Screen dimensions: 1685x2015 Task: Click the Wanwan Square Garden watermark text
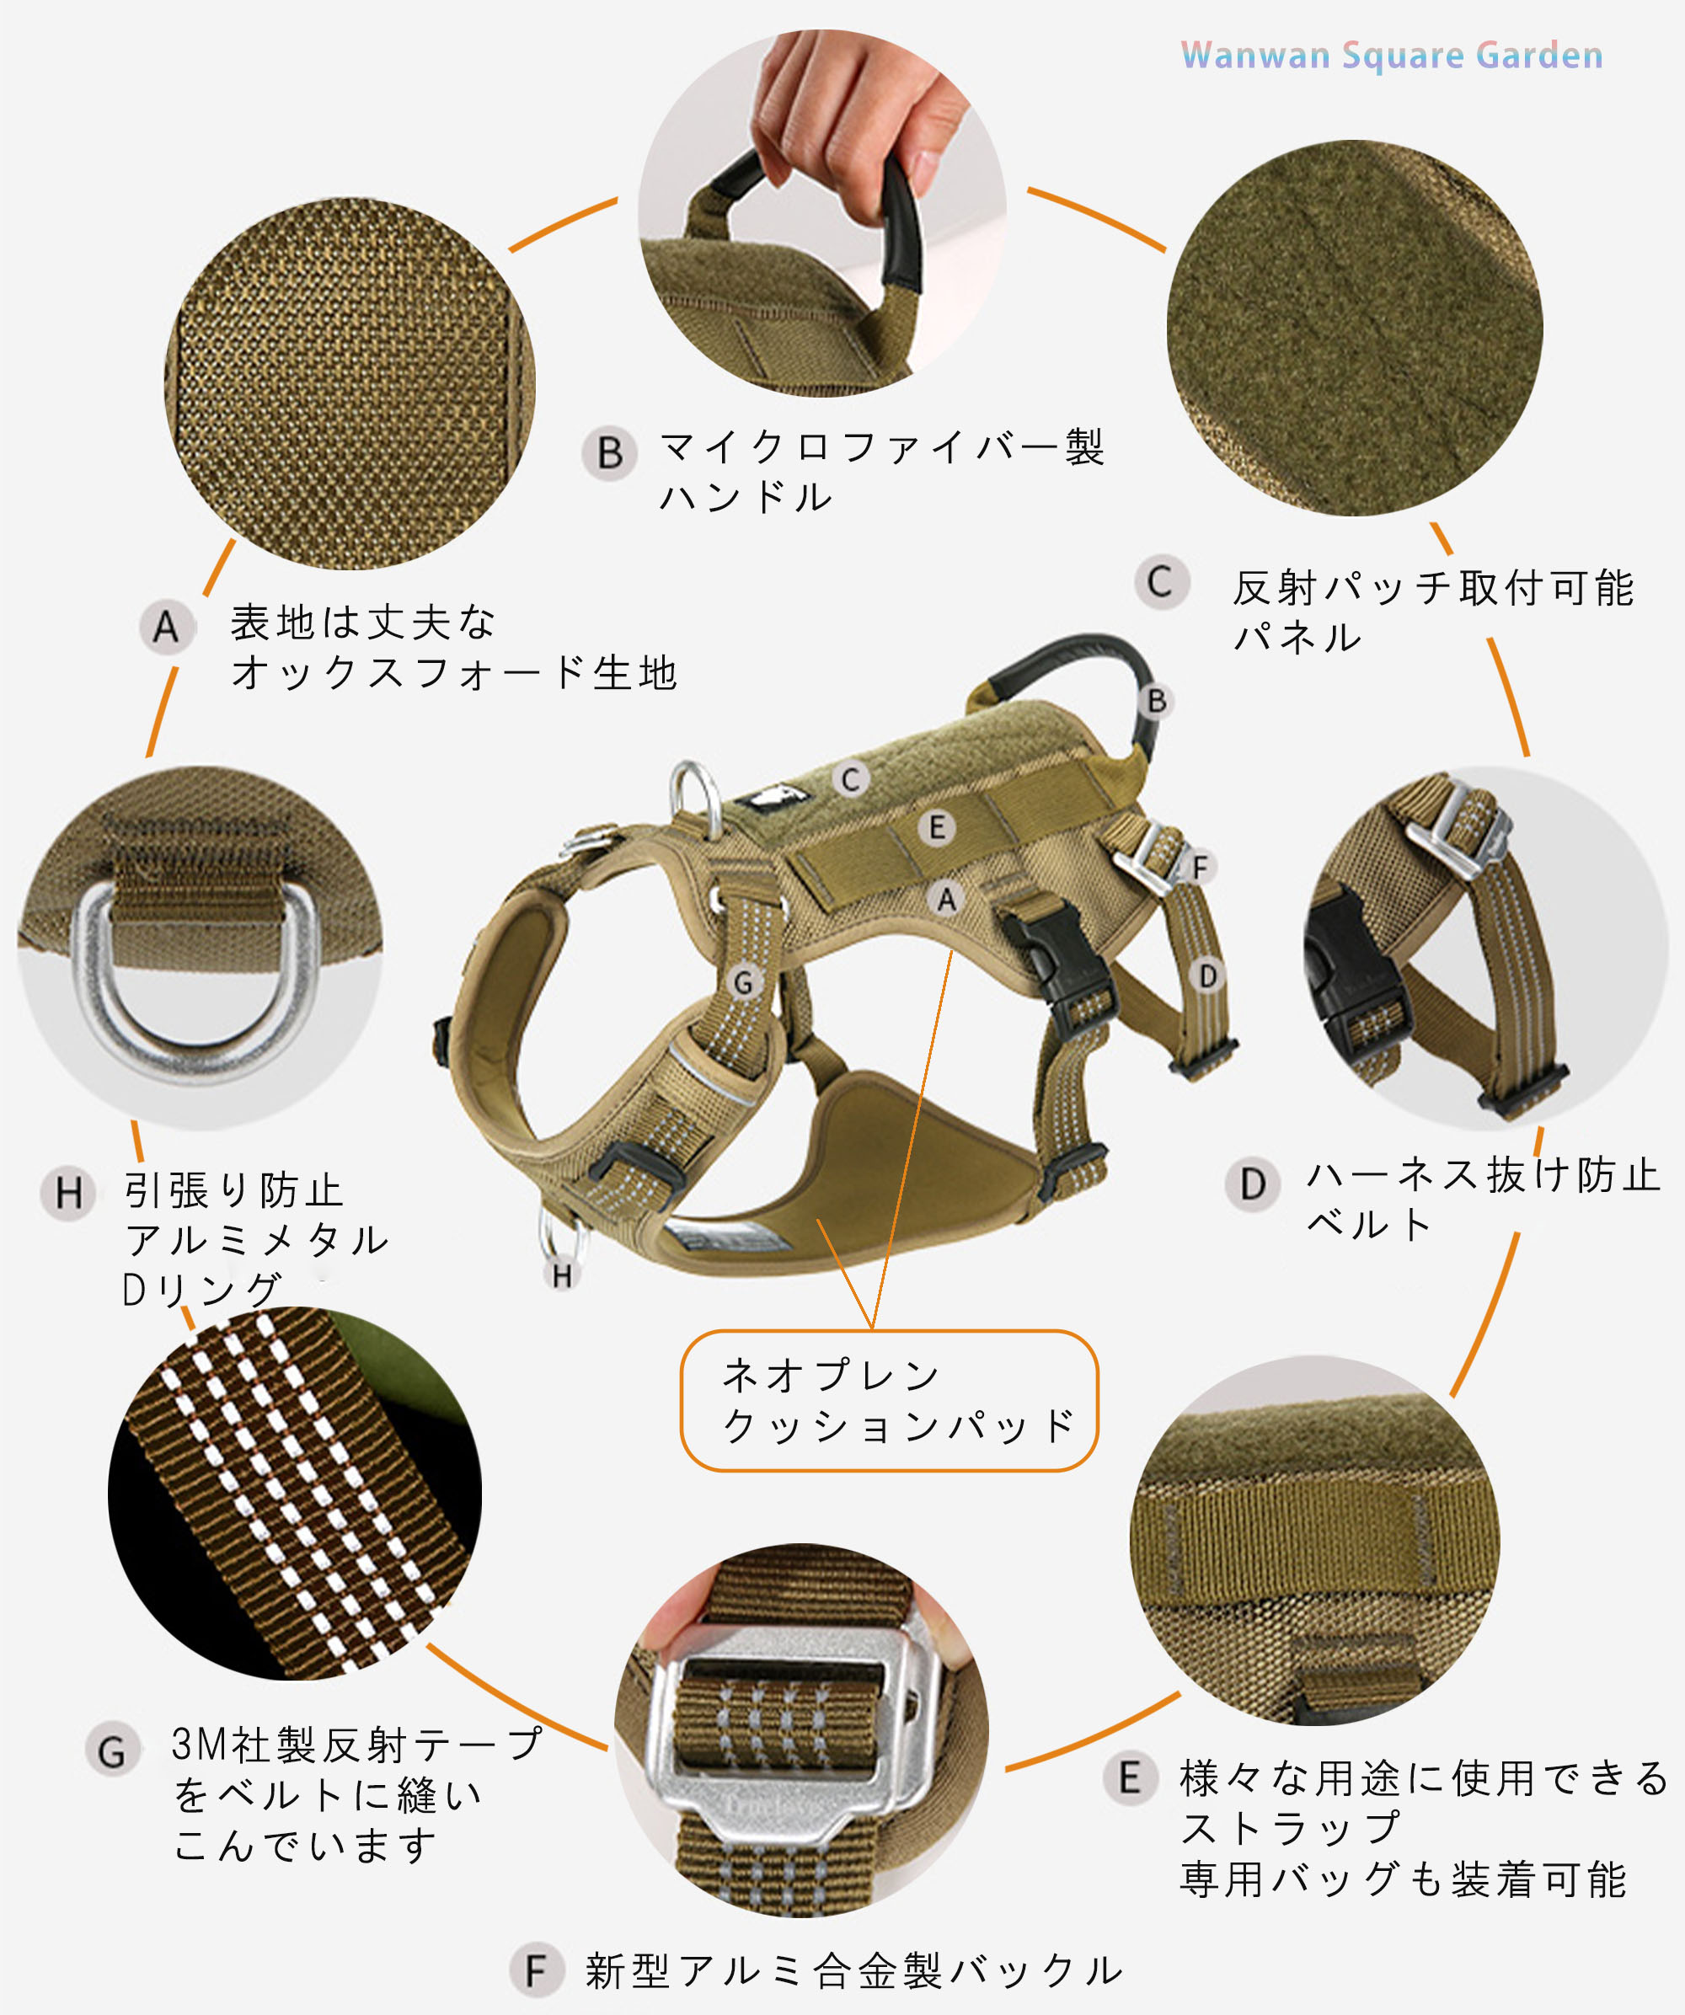coord(1391,56)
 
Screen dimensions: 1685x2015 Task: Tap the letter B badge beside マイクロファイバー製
coord(609,453)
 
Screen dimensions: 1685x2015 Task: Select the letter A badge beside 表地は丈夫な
coord(167,628)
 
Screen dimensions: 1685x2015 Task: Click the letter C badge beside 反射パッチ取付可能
coord(1161,581)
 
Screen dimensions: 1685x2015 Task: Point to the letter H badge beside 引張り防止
coord(68,1194)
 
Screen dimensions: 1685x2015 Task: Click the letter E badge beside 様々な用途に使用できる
coord(1130,1777)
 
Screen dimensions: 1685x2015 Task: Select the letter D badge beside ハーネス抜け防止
coord(1252,1184)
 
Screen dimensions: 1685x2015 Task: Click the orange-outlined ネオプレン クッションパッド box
coord(890,1400)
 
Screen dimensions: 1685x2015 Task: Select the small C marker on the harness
coord(851,779)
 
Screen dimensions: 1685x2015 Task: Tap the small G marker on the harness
coord(744,982)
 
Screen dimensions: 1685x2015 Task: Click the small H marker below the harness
coord(562,1275)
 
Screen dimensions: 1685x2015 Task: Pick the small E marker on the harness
coord(938,827)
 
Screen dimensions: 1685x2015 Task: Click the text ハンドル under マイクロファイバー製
coord(746,496)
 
